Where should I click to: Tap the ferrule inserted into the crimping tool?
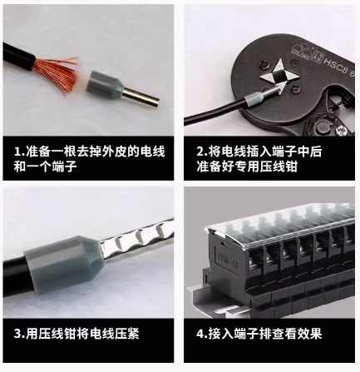[254, 102]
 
